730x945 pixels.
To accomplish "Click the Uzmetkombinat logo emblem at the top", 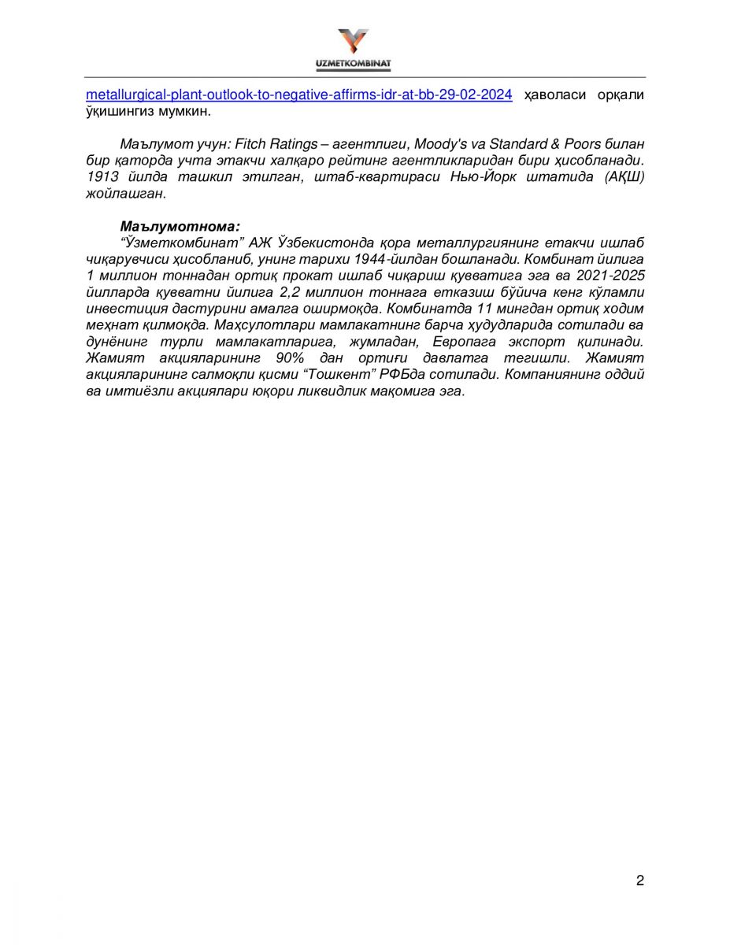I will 353,41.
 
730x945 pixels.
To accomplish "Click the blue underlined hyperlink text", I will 299,94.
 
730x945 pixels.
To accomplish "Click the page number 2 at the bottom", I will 639,880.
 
